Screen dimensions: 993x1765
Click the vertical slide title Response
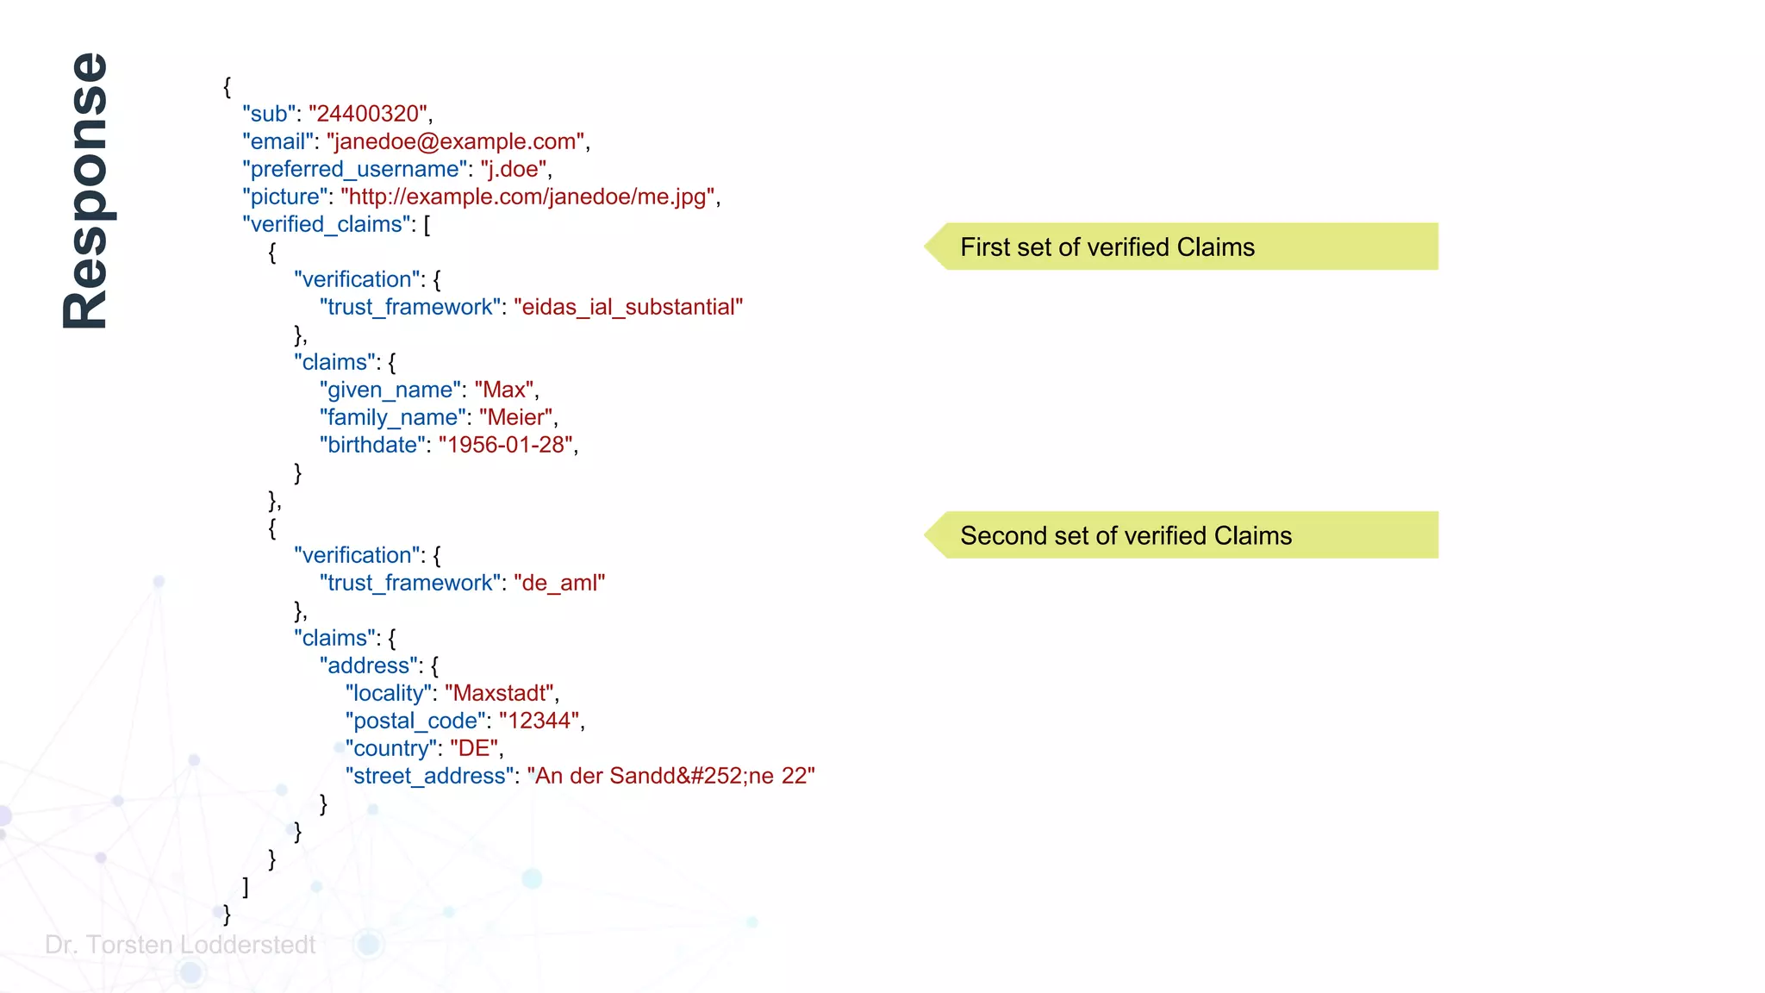[x=86, y=190]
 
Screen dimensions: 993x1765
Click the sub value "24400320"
[x=368, y=114]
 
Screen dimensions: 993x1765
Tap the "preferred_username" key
[x=354, y=169]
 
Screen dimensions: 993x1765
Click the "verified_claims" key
[x=327, y=224]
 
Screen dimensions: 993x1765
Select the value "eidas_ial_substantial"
[x=628, y=307]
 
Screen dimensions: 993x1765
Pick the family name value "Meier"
[x=515, y=417]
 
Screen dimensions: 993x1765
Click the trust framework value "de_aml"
[x=559, y=583]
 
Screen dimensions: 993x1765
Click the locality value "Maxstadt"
[x=499, y=693]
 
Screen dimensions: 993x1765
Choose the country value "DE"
[x=473, y=748]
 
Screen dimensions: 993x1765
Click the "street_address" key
[x=429, y=776]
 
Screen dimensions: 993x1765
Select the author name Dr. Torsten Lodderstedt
[x=180, y=945]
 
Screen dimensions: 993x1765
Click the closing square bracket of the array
[x=246, y=886]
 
